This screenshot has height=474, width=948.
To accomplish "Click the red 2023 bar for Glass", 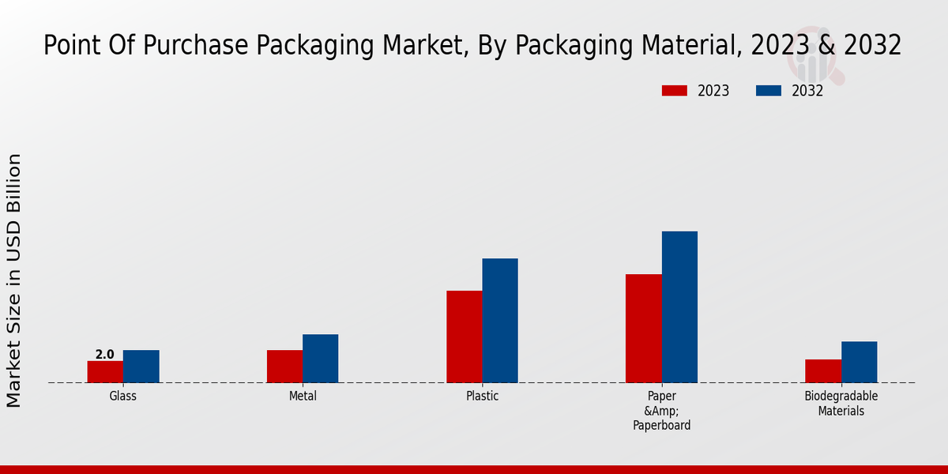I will click(x=105, y=371).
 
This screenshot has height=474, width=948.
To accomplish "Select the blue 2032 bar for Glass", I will click(x=141, y=367).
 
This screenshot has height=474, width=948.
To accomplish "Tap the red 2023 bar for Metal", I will click(x=284, y=367).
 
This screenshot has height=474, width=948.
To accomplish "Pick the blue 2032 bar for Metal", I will click(x=320, y=359).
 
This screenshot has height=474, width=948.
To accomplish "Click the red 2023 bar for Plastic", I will click(x=464, y=337).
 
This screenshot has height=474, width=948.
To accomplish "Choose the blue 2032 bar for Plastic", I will click(x=500, y=321).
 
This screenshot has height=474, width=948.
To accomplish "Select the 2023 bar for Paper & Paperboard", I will click(x=643, y=329).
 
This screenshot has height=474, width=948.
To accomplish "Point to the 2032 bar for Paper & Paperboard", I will click(x=679, y=307).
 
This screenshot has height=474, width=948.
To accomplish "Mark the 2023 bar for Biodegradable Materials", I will click(x=823, y=371).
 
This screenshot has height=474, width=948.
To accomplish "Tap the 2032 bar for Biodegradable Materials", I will click(x=859, y=362).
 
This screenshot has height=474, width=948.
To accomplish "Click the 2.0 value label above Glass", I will click(x=105, y=355).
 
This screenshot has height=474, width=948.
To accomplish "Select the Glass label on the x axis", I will click(x=123, y=397).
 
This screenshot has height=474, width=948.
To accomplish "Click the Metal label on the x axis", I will click(x=303, y=397).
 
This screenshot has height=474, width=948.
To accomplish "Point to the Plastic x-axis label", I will click(x=482, y=397).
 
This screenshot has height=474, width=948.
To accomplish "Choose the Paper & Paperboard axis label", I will click(x=661, y=411).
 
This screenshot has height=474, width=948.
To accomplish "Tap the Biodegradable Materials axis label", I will click(x=841, y=404).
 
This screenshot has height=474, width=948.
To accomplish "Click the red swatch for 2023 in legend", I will click(x=674, y=91).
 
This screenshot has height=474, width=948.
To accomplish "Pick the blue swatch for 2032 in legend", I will click(x=769, y=91).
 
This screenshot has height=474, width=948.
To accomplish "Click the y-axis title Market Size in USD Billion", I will click(x=14, y=280).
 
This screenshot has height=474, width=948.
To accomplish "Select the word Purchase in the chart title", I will click(x=189, y=45).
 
